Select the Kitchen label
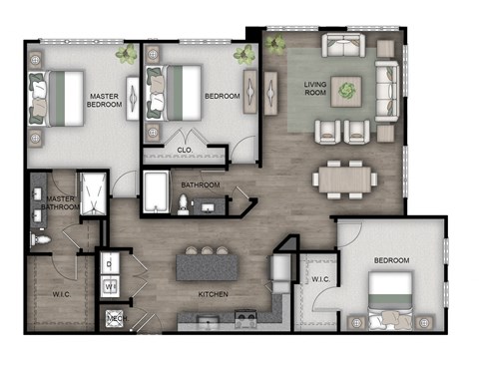214,294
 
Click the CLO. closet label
185,150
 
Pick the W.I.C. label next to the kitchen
320,278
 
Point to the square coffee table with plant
347,90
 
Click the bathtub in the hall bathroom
157,189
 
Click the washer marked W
111,286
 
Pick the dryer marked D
111,263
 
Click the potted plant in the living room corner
275,43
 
